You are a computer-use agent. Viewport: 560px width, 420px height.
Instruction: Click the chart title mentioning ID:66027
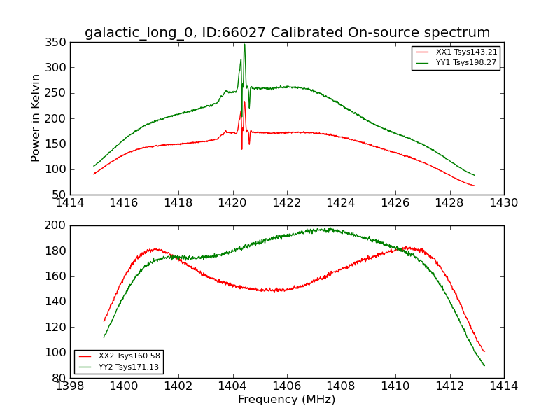(287, 32)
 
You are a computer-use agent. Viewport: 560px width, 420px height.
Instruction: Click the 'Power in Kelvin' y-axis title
(36, 118)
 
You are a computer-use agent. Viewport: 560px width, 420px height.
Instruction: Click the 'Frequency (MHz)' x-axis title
(286, 400)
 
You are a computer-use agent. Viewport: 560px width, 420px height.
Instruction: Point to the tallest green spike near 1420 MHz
(244, 45)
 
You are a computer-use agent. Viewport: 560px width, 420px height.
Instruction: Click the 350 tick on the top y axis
(58, 43)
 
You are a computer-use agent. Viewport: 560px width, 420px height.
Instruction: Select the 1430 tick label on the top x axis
(503, 203)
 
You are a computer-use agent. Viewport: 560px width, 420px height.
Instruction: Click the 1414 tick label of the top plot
(70, 203)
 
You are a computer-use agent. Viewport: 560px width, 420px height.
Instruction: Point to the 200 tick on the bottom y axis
(58, 225)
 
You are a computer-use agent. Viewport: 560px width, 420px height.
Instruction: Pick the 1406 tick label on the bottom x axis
(287, 386)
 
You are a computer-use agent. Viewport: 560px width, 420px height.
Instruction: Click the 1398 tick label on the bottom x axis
(70, 386)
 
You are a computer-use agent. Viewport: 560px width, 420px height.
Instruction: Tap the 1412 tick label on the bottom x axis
(449, 386)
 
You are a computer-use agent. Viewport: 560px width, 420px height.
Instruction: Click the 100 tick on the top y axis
(58, 169)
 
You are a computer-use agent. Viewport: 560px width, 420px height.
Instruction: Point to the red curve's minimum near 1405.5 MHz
(276, 290)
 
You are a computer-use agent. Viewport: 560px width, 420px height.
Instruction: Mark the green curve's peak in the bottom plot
(322, 229)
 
